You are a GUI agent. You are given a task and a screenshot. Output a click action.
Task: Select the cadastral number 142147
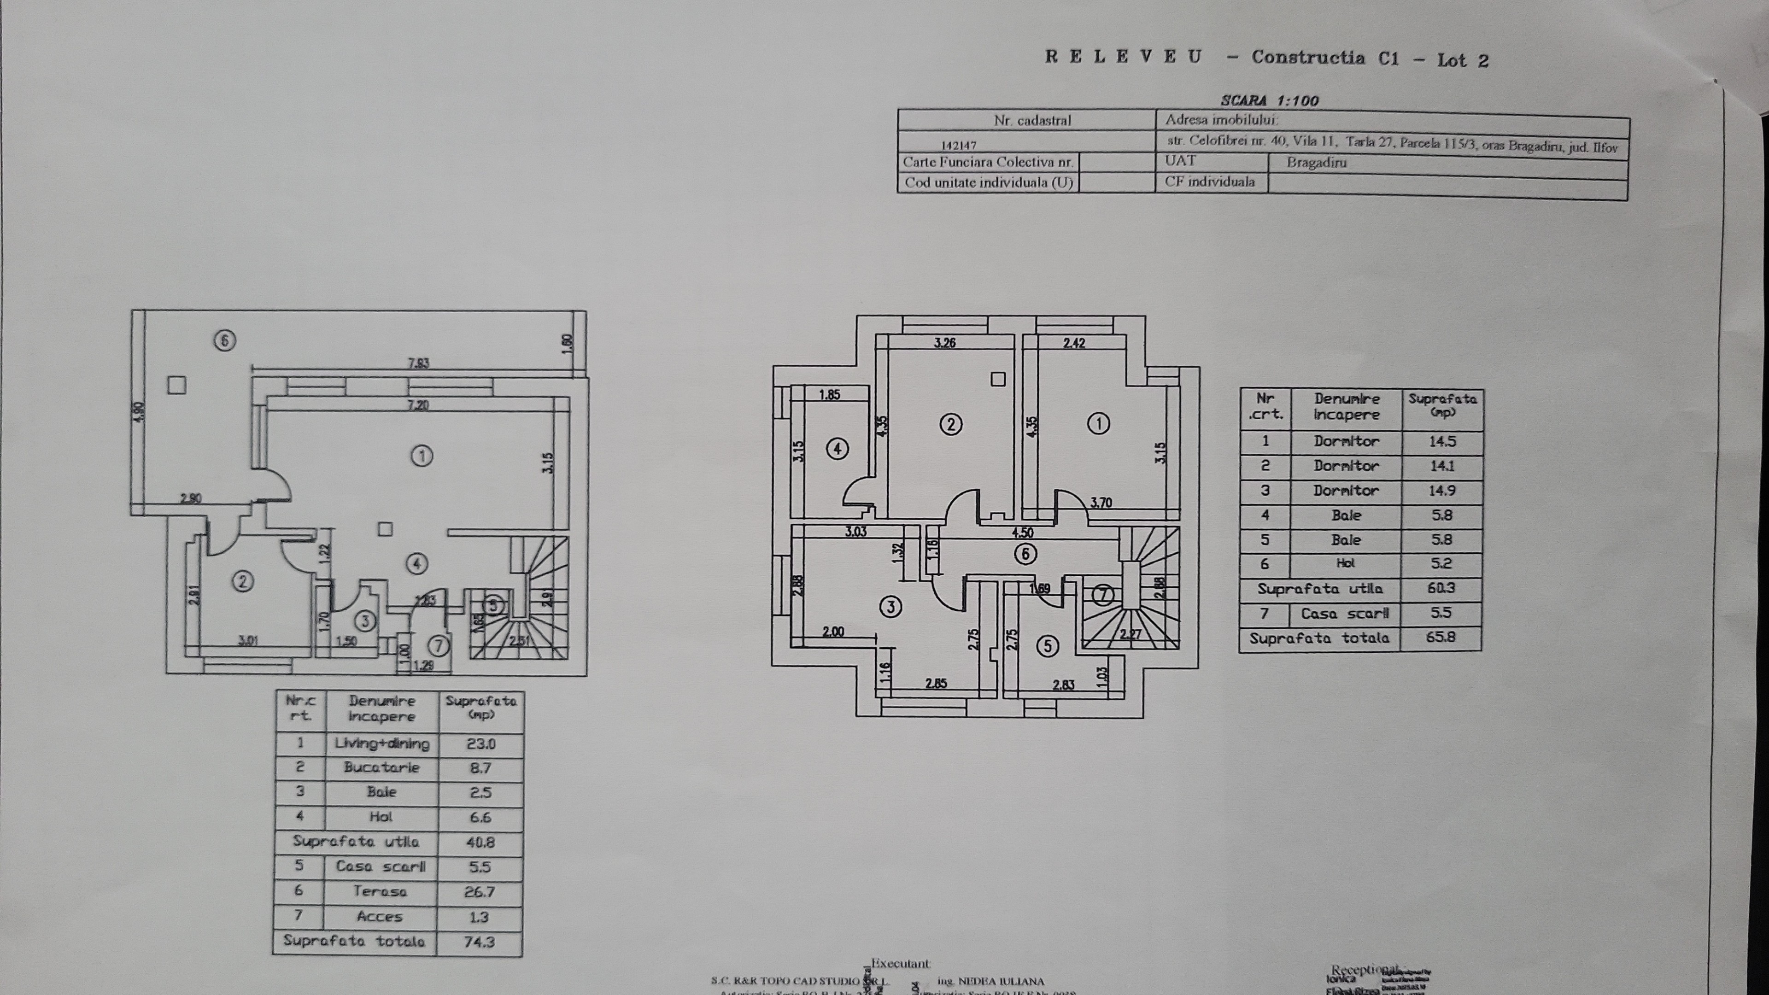[x=958, y=146]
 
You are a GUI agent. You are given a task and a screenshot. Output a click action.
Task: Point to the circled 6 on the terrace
[x=224, y=340]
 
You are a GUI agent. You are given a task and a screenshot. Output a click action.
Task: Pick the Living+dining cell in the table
[x=382, y=743]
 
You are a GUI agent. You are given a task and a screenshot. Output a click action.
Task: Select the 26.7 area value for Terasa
[x=480, y=892]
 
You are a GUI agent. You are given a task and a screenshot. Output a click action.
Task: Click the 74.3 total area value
[x=479, y=942]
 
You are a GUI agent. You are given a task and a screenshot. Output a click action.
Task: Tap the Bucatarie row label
[x=382, y=768]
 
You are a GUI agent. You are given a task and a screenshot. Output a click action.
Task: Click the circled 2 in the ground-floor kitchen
[x=242, y=582]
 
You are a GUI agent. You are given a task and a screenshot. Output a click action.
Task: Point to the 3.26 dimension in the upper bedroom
[x=945, y=343]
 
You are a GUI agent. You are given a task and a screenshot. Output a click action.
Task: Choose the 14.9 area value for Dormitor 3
[x=1441, y=490]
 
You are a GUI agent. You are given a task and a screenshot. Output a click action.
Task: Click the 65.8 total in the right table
[x=1441, y=637]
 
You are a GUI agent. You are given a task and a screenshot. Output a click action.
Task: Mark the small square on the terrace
[x=176, y=385]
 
